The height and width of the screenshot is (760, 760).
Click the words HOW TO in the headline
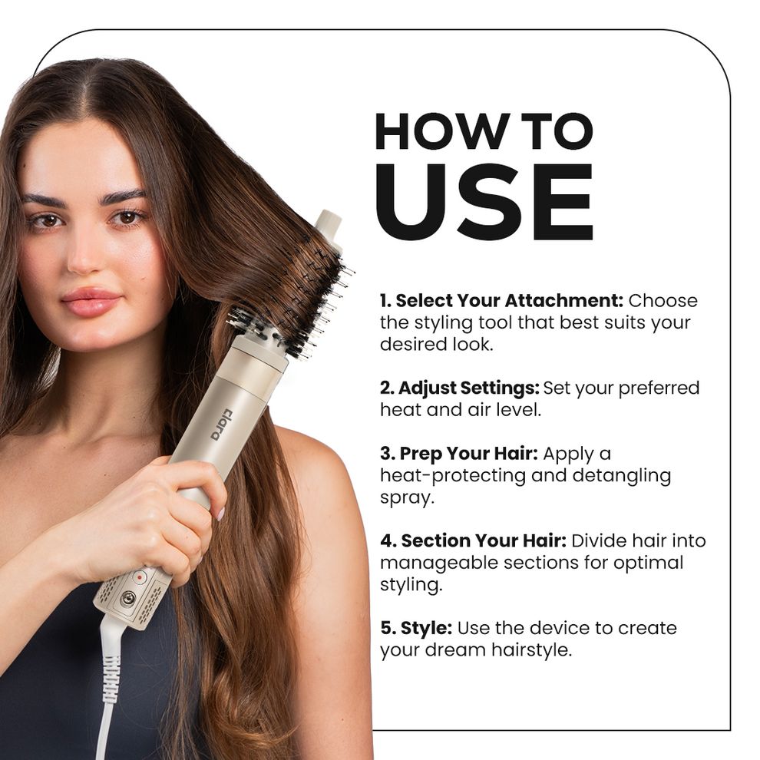point(484,131)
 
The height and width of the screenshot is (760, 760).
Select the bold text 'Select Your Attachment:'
point(501,300)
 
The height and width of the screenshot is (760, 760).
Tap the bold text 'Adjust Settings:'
point(459,388)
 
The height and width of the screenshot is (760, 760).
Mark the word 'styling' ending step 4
point(411,584)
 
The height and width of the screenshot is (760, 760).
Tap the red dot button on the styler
point(140,576)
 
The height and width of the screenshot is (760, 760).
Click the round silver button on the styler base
point(127,598)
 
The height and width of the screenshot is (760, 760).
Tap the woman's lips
point(90,302)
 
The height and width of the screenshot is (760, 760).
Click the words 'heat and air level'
point(460,409)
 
